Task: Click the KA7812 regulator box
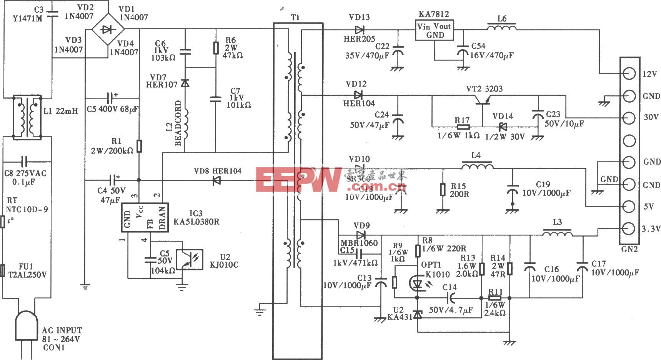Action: [435, 30]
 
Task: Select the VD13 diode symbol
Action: [360, 29]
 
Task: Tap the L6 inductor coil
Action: [501, 27]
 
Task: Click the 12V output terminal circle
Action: [629, 74]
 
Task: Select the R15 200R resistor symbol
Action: [443, 190]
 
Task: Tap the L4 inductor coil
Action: [477, 166]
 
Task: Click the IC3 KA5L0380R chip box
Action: [145, 218]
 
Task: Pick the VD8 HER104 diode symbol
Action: [216, 180]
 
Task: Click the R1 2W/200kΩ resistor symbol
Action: [139, 146]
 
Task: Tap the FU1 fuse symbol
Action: [3, 268]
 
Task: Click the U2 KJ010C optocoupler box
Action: [189, 260]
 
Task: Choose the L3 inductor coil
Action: [557, 233]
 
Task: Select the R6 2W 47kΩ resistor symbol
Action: [216, 48]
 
